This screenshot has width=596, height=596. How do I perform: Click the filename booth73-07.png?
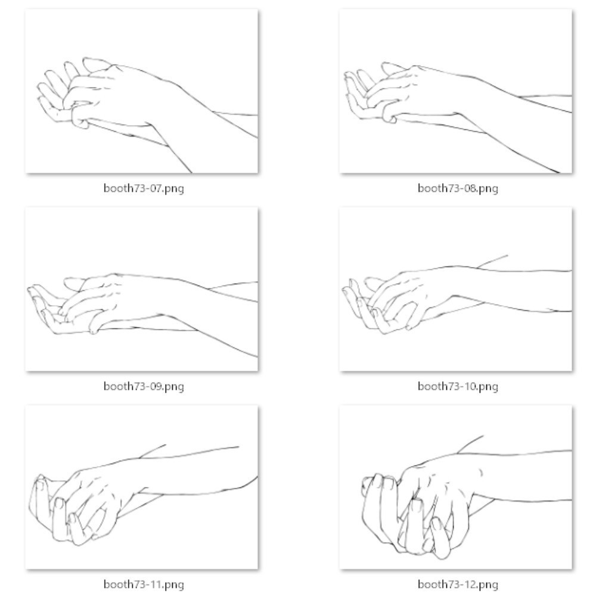(x=144, y=188)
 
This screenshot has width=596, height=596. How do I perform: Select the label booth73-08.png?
(x=458, y=188)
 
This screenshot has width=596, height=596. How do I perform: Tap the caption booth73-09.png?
(x=144, y=387)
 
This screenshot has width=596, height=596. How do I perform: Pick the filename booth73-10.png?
(x=458, y=387)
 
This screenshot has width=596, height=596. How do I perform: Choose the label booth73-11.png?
(x=144, y=584)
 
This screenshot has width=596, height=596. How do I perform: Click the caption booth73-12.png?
(x=458, y=584)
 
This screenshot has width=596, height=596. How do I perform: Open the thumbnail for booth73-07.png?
(x=142, y=91)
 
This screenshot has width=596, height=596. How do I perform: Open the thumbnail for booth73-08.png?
(x=456, y=91)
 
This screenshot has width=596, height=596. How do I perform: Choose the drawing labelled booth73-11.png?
(x=142, y=488)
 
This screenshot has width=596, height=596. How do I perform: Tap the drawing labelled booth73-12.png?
(x=456, y=488)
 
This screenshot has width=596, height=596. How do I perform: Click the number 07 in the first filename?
(x=154, y=188)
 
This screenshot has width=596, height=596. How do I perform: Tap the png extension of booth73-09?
(x=173, y=387)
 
